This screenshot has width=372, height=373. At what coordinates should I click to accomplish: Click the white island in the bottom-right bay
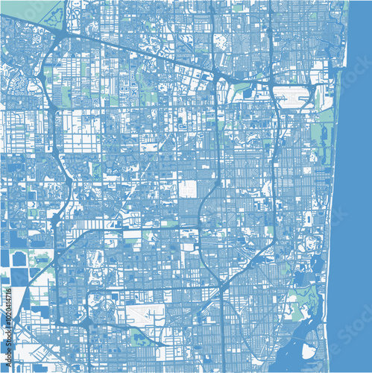coord(308,350)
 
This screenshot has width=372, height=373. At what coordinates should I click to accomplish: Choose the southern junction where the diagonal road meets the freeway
coord(224,288)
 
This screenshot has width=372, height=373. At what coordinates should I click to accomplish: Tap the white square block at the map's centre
coord(188,188)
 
